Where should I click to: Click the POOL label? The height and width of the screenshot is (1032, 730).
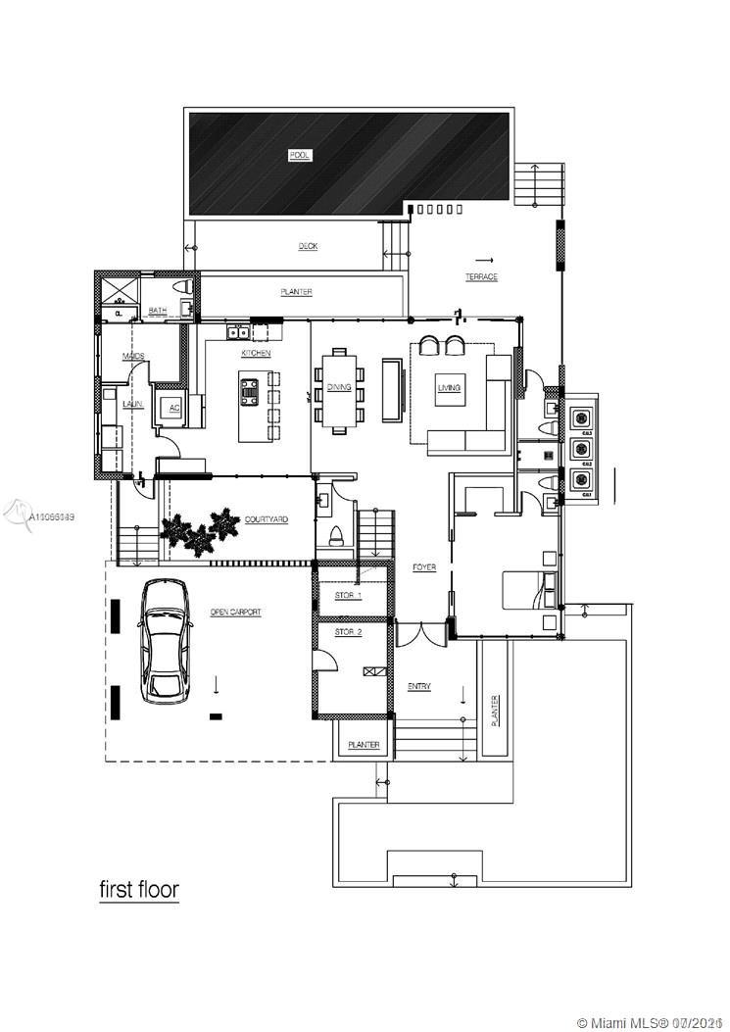(x=299, y=155)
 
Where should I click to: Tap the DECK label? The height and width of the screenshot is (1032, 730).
(x=308, y=246)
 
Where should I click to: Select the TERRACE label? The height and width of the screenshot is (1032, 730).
(x=481, y=277)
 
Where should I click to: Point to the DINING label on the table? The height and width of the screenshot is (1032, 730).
(x=339, y=387)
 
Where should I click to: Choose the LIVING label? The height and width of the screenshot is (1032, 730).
(x=449, y=388)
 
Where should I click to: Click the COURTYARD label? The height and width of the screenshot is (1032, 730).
(x=266, y=519)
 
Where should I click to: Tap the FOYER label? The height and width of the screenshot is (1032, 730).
(x=423, y=567)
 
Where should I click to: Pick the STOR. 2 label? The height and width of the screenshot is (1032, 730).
(x=348, y=632)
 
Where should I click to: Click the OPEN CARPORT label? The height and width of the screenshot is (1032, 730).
(x=235, y=613)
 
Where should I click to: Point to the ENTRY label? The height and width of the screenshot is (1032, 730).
(x=419, y=686)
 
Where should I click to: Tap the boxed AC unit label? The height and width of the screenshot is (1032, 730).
(x=174, y=408)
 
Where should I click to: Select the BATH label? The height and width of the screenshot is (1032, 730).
(x=157, y=312)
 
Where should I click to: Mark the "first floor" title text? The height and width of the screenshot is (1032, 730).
(x=139, y=890)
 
